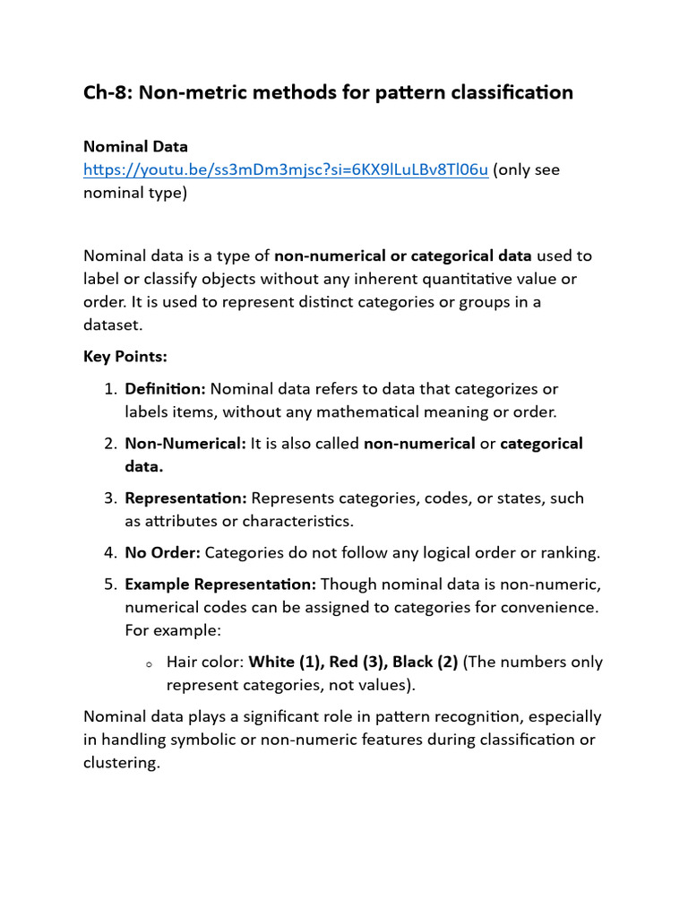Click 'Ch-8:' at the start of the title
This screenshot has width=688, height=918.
(x=107, y=92)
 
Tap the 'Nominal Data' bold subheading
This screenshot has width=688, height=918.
(x=135, y=146)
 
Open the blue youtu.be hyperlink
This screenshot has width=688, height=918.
(x=286, y=169)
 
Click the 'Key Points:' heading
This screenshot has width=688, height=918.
(x=125, y=357)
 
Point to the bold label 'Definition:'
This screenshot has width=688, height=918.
(x=166, y=389)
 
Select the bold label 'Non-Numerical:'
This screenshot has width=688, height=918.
(x=185, y=444)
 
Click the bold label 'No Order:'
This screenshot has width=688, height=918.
(x=163, y=552)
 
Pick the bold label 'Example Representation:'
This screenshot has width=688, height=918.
(x=220, y=585)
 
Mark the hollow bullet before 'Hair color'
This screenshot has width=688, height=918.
(x=148, y=663)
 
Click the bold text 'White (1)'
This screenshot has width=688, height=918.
(x=284, y=663)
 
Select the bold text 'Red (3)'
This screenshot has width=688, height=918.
(x=357, y=663)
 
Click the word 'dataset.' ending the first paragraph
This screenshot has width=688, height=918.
(x=113, y=325)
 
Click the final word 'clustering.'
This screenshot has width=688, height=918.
(x=121, y=764)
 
